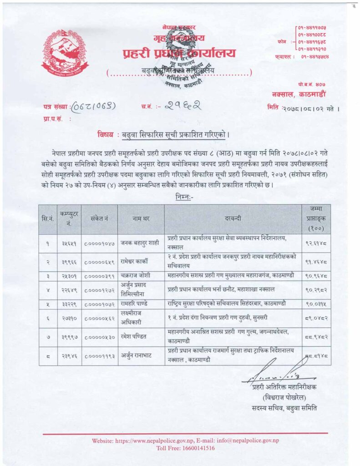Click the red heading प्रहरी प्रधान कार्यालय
[x=179, y=53]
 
